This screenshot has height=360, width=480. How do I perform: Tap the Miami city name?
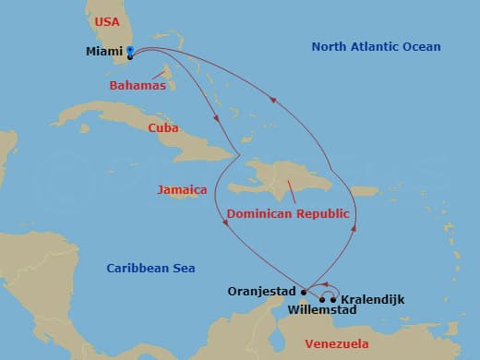104,52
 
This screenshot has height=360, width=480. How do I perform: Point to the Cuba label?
163,128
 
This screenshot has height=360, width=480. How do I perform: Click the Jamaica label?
182,189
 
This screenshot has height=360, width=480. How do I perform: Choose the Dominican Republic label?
288,213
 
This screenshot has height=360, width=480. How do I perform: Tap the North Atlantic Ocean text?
376,47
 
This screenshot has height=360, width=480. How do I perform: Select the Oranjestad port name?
262,291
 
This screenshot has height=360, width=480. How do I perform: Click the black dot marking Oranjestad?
304,292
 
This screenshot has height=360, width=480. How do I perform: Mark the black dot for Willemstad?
322,299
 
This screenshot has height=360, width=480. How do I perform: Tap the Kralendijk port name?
372,300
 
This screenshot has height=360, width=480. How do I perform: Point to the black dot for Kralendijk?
333,299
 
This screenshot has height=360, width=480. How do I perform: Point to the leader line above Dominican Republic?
290,191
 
